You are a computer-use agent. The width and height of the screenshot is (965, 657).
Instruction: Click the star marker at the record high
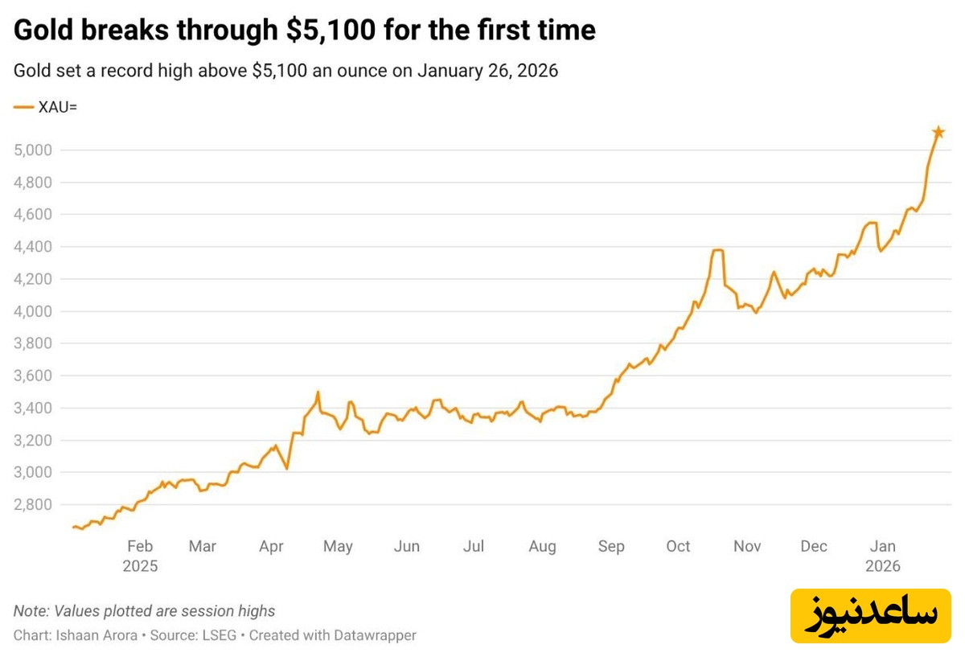[938, 132]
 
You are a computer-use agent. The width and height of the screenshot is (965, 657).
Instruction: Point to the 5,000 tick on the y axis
[32, 150]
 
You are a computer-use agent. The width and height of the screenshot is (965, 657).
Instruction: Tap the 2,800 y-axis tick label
[32, 505]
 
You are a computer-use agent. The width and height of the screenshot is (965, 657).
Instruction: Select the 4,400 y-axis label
[32, 247]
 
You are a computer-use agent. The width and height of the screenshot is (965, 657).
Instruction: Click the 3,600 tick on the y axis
[32, 376]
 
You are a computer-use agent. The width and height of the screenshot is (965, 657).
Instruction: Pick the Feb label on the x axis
[140, 547]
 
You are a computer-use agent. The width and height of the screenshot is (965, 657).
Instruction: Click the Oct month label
[678, 547]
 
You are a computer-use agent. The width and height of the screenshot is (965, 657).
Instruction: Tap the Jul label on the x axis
[474, 547]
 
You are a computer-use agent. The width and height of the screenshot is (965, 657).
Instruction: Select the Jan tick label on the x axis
[883, 547]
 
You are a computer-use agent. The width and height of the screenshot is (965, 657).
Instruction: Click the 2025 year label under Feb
[140, 566]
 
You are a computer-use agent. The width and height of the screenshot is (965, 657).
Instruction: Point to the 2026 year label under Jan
[883, 566]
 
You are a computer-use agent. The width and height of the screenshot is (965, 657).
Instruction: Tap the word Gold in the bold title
[40, 31]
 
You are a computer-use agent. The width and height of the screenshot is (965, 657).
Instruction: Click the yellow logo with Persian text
[872, 614]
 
